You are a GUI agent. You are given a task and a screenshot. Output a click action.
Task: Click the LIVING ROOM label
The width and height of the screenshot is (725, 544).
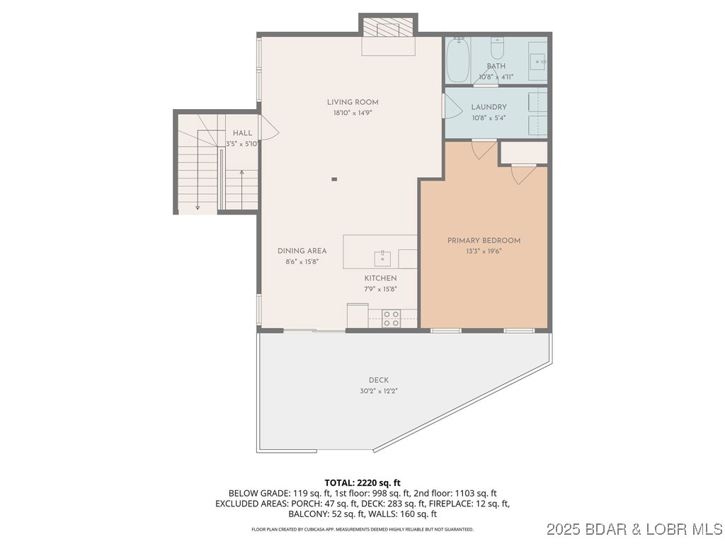click(x=353, y=102)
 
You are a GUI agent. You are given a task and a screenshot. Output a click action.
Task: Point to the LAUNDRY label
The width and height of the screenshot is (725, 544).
click(x=489, y=107)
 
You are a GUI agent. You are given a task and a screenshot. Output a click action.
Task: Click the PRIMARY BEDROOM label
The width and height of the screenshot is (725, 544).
click(x=484, y=241)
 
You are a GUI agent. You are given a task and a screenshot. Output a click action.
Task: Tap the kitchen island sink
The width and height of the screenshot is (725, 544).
click(x=382, y=255)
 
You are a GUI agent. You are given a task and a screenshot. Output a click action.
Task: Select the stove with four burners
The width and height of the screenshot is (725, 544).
click(x=392, y=319)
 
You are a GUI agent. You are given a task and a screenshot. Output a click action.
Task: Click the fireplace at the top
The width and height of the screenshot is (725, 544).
click(x=387, y=27)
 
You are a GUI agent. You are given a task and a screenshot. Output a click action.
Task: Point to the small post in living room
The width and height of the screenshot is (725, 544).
click(x=334, y=179)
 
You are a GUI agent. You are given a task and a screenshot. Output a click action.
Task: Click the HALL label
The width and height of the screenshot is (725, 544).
click(x=242, y=133)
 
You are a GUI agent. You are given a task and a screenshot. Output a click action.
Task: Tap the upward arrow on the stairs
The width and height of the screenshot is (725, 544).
click(x=242, y=174)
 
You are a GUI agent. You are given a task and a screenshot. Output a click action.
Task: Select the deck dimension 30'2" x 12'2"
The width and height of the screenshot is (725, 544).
click(x=378, y=391)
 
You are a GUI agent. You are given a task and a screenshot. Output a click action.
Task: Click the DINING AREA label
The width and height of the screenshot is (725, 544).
click(x=302, y=251)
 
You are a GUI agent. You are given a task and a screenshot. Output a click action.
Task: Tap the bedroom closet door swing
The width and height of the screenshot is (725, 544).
click(x=522, y=174)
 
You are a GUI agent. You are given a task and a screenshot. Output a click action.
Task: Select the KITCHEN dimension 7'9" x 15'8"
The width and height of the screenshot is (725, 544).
click(x=380, y=289)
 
